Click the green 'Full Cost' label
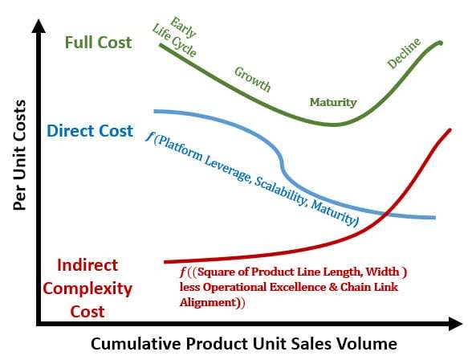pyautogui.click(x=98, y=43)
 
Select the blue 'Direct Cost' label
pyautogui.click(x=90, y=131)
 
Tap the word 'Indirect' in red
pyautogui.click(x=87, y=265)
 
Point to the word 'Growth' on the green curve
pyautogui.click(x=253, y=80)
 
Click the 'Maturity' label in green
pyautogui.click(x=333, y=103)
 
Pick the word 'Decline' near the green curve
pyautogui.click(x=404, y=54)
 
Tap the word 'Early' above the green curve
pyautogui.click(x=184, y=27)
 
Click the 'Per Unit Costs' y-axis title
pyautogui.click(x=19, y=155)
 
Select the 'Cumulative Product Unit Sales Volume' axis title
pyautogui.click(x=244, y=344)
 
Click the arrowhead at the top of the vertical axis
pyautogui.click(x=39, y=26)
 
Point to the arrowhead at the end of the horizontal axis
pyautogui.click(x=456, y=324)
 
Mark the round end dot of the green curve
pyautogui.click(x=440, y=43)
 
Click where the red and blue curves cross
pyautogui.click(x=386, y=213)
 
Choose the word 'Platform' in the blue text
pyautogui.click(x=178, y=149)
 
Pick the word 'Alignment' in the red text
pyautogui.click(x=208, y=302)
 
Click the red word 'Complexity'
pyautogui.click(x=87, y=289)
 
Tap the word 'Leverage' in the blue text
pyautogui.click(x=227, y=169)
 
